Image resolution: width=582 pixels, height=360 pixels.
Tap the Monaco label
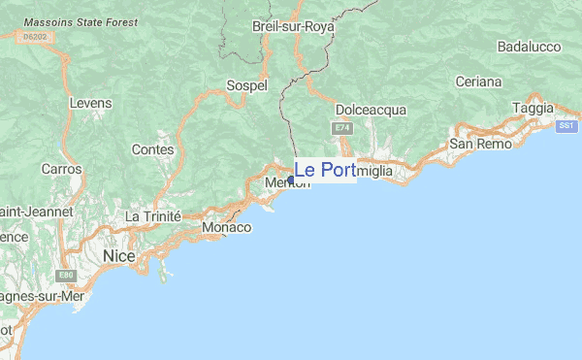coord(226,228)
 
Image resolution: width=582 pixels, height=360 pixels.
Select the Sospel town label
coord(246,85)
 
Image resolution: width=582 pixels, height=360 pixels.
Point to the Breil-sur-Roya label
coord(290,27)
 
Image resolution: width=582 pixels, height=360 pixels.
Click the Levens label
coord(90,103)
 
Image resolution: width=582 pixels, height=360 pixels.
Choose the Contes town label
coord(152,149)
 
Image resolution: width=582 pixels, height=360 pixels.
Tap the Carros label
coord(61,169)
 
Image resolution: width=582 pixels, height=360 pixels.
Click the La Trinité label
coord(153,215)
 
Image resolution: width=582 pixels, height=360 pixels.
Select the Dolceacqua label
coord(371,110)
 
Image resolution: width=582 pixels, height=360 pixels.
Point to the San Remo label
coord(475,145)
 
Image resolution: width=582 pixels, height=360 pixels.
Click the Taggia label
coord(533,107)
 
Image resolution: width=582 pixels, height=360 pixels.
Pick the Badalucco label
coord(530,47)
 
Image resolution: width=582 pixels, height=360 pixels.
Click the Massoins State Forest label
coord(81,20)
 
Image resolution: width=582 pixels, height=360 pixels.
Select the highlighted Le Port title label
coord(325,171)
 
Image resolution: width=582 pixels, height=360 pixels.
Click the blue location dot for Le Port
coord(291,180)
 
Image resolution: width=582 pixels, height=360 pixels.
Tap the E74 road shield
coord(340,128)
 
